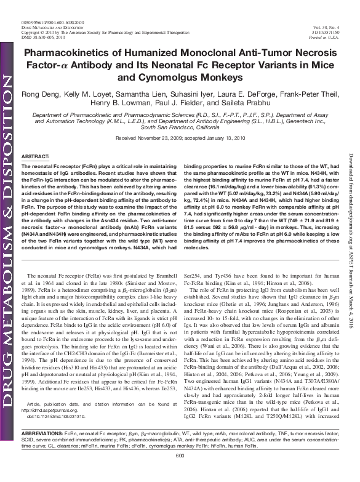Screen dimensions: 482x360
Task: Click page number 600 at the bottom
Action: [x=180, y=472]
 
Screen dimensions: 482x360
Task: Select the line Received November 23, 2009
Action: [x=148, y=139]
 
